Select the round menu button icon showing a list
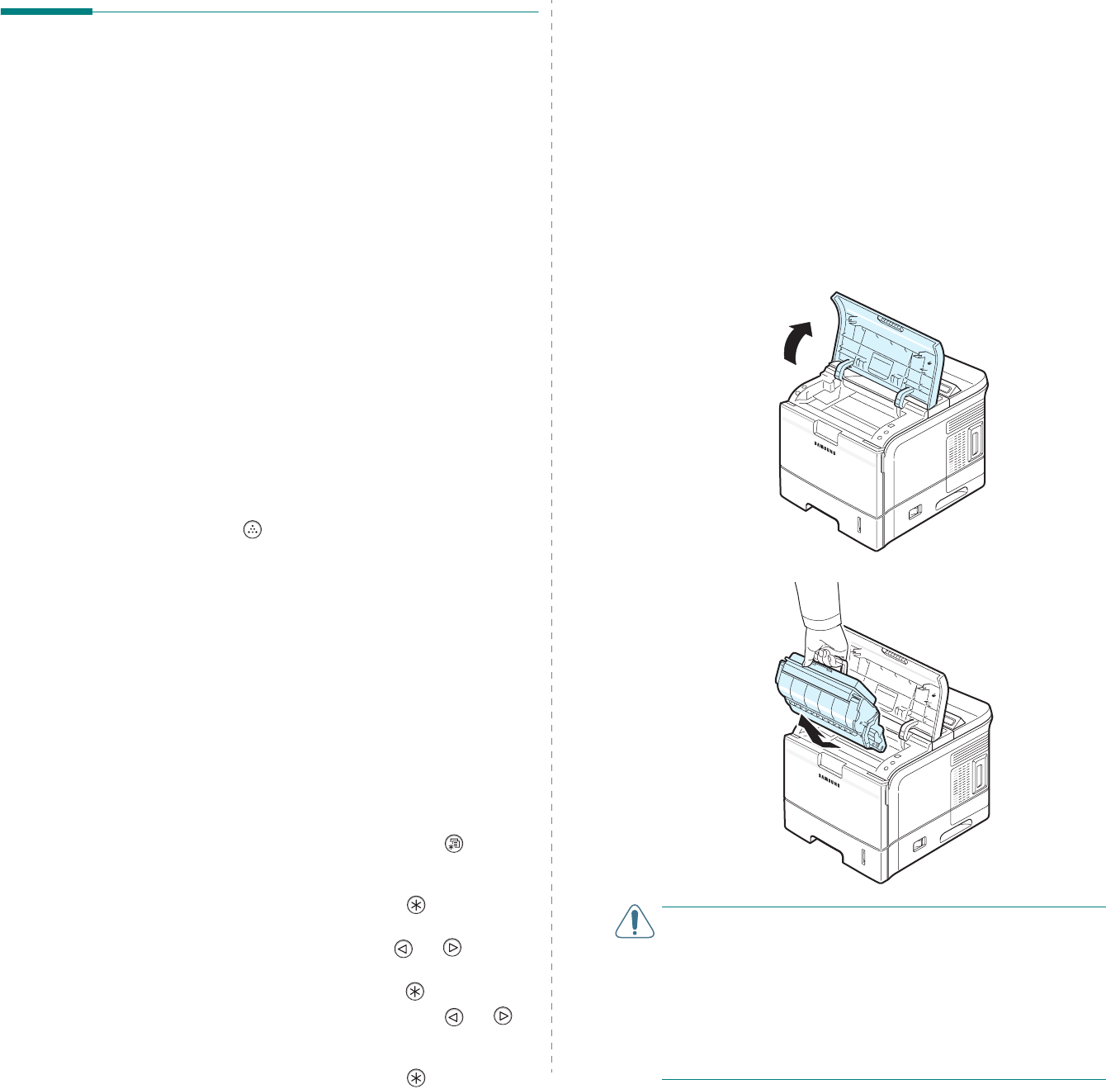pyautogui.click(x=454, y=844)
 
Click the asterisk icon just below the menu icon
pyautogui.click(x=414, y=905)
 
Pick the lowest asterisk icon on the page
pyautogui.click(x=414, y=1077)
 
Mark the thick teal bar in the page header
pyautogui.click(x=46, y=12)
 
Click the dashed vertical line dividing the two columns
pyautogui.click(x=551, y=537)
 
